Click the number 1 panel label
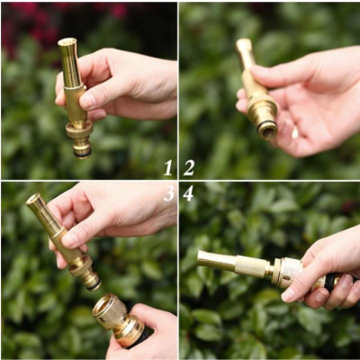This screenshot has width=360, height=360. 167,167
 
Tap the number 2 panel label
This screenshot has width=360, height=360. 189,167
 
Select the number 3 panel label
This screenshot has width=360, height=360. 168,193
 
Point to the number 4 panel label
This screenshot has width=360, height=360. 188,193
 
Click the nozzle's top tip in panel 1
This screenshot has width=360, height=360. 67,42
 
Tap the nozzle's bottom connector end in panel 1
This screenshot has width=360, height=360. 82,150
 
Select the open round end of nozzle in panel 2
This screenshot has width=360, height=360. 267,130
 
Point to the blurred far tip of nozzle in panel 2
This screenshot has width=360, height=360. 243,44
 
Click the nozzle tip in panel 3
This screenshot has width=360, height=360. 33,200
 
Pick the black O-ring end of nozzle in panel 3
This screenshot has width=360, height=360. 93,283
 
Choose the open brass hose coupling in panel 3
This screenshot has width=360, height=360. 109,310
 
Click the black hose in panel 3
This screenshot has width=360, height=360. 141,337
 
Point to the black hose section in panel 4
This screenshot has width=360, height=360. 330,282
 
